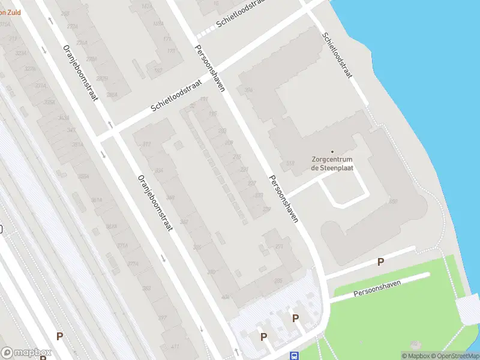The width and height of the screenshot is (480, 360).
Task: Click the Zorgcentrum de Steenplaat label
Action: (332, 164)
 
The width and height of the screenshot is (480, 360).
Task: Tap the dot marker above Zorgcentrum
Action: (332, 151)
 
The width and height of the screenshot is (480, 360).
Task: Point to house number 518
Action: (291, 163)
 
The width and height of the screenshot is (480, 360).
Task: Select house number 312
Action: (147, 144)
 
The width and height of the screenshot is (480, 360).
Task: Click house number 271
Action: (278, 247)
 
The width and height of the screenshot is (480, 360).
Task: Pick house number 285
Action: (278, 281)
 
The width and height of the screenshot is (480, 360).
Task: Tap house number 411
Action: (175, 347)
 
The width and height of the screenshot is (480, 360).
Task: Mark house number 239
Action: (266, 209)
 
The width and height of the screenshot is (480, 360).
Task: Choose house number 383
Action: (146, 289)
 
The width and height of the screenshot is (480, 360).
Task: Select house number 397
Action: (162, 318)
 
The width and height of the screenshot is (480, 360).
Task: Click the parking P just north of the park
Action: (380, 262)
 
